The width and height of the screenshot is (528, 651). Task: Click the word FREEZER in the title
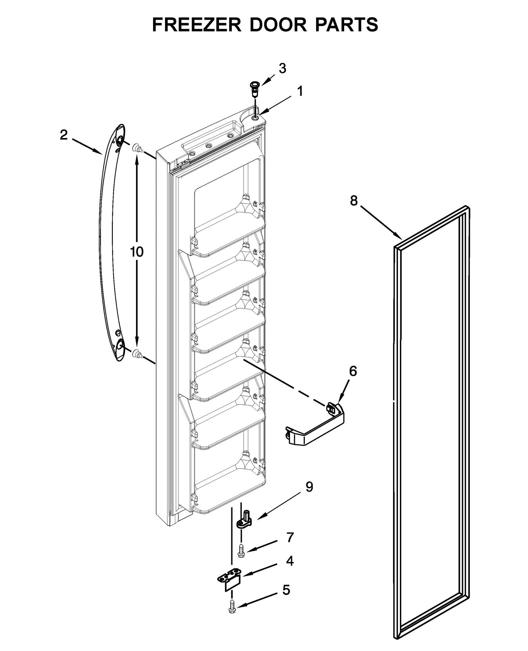pos(197,24)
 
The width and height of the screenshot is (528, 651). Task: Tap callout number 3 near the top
pos(282,69)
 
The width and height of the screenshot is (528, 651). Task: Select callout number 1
pos(300,91)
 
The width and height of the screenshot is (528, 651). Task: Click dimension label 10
pos(137,252)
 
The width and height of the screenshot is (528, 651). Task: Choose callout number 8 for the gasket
pos(354,200)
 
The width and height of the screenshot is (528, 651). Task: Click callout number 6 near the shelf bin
pos(353,371)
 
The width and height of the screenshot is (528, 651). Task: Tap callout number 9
pos(309,487)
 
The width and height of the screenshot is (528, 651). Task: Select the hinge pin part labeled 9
pos(244,520)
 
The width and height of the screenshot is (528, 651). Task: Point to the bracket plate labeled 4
pos(230,582)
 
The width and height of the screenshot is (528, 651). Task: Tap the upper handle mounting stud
pos(137,149)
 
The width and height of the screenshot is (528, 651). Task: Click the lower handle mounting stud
pos(137,354)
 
